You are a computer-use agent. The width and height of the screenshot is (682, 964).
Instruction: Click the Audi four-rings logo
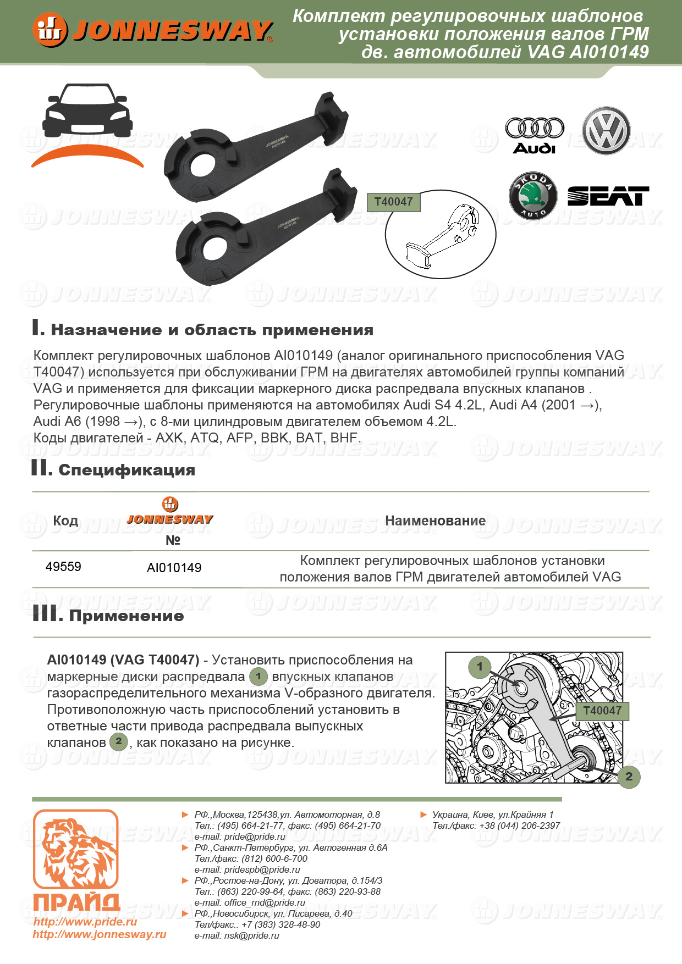pos(535,129)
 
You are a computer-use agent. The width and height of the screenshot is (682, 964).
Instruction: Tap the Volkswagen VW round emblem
pos(606,131)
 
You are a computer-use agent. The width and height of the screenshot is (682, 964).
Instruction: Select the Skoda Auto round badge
pos(533,196)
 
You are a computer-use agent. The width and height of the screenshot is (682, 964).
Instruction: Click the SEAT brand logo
pos(608,196)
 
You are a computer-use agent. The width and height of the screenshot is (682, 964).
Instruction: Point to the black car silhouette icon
pos(88,112)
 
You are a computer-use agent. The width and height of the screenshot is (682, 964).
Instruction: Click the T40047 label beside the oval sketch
pos(393,202)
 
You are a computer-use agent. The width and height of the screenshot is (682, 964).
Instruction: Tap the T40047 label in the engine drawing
pos(602,711)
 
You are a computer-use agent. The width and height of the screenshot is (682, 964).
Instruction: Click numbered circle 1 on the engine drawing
pos(480,667)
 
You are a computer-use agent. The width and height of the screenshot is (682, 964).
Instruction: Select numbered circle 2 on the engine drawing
pos(629,777)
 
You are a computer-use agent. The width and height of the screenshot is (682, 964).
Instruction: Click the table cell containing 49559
pos(63,567)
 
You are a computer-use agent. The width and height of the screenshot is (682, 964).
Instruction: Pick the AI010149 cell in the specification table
pos(174,568)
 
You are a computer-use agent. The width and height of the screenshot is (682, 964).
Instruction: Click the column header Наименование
pos(435,520)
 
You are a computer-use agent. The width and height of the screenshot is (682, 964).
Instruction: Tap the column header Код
pos(65,520)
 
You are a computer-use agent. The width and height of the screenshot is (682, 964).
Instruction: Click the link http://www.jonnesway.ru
pos(100,934)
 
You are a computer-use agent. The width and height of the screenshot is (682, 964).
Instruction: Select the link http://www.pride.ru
pos(85,922)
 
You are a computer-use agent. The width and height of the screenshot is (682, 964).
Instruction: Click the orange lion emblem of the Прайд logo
pos(76,849)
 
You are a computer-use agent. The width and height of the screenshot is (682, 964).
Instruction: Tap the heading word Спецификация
pos(127,470)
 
